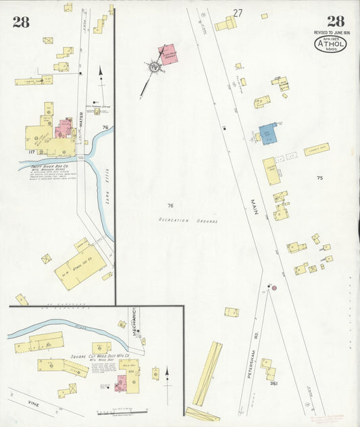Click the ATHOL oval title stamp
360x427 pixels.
click(330, 45)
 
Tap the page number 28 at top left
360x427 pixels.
click(20, 22)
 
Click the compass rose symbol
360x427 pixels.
click(154, 67)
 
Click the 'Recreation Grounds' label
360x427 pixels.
click(188, 220)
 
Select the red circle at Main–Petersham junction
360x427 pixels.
click(274, 288)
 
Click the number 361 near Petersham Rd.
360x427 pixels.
click(274, 384)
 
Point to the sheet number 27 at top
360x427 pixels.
click(238, 12)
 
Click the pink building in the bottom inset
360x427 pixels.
click(122, 383)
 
